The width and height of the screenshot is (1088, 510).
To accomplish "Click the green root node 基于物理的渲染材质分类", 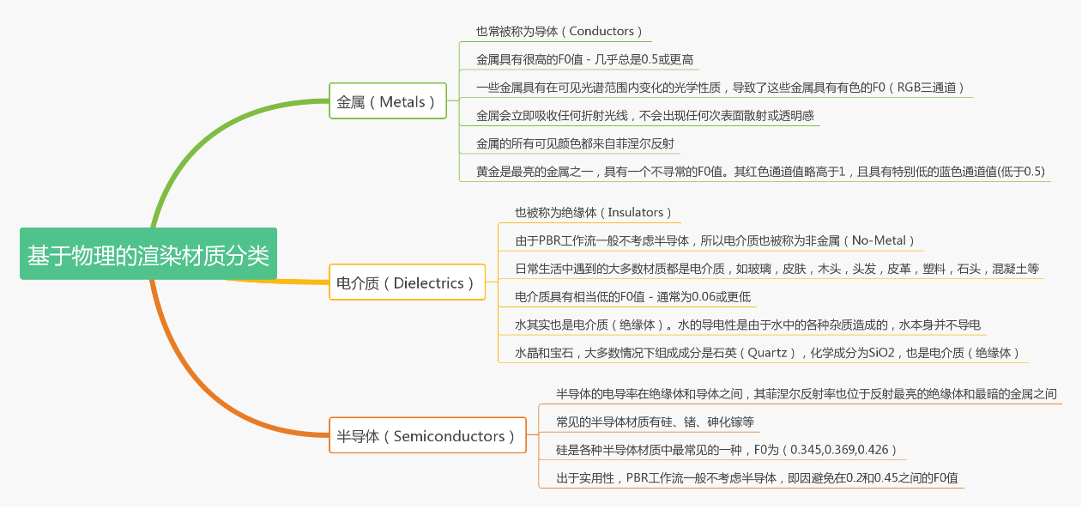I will (x=148, y=254).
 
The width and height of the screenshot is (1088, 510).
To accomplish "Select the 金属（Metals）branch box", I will (x=388, y=101).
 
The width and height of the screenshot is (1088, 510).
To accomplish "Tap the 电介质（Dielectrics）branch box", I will (x=406, y=282).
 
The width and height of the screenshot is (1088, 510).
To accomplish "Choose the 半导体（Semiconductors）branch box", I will (x=426, y=436).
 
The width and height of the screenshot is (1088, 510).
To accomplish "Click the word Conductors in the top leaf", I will (x=601, y=32).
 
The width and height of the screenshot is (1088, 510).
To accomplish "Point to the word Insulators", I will (x=639, y=212).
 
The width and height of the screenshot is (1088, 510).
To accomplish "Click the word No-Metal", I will (x=882, y=240).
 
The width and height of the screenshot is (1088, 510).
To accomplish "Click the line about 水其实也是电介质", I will (x=746, y=325).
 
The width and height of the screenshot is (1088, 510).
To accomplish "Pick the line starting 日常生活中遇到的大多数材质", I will (x=777, y=269).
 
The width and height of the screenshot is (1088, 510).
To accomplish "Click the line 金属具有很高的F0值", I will (x=584, y=59).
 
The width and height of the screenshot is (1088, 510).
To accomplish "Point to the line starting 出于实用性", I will (x=751, y=478).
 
